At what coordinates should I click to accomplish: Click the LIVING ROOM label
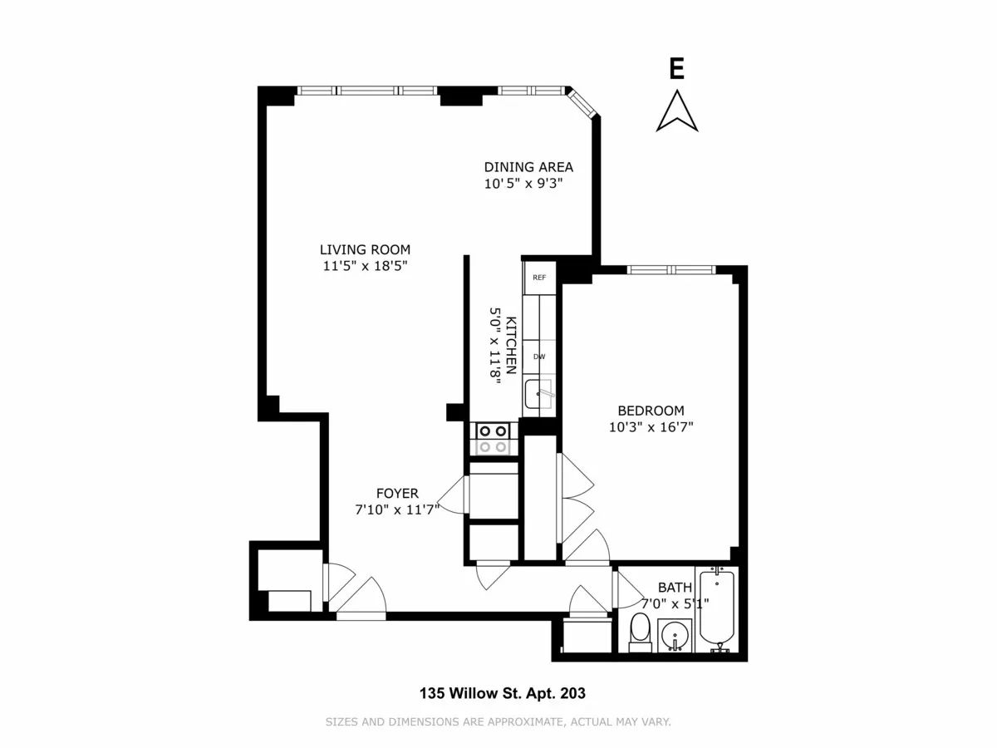(365, 249)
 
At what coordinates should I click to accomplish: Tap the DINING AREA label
(528, 167)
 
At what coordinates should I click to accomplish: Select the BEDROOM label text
(651, 411)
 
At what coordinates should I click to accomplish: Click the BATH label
(675, 588)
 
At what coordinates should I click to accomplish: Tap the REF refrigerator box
(539, 278)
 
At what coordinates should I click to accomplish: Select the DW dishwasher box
(539, 357)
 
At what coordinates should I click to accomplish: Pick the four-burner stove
(491, 438)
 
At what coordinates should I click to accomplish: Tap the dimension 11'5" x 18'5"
(365, 266)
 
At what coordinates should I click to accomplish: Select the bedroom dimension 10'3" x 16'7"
(651, 427)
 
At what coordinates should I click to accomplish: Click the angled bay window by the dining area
(582, 105)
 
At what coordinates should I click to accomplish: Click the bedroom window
(670, 269)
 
